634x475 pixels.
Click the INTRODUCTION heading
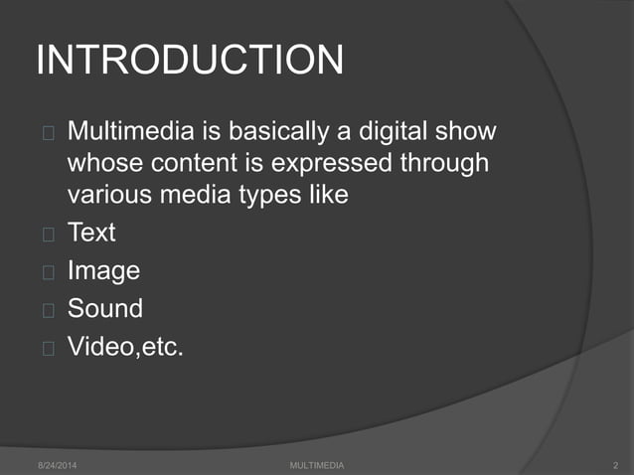tap(189, 61)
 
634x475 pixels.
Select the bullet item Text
tap(91, 234)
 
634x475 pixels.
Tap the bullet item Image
tap(103, 270)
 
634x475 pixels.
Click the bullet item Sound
tap(105, 308)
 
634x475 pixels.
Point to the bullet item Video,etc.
tap(125, 347)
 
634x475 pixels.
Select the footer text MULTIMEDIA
tap(317, 465)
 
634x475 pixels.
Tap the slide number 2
tap(617, 465)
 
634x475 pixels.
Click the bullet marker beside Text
tap(48, 235)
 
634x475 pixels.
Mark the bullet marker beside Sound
tap(48, 309)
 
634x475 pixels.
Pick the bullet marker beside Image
tap(48, 271)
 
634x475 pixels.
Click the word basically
tap(283, 131)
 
